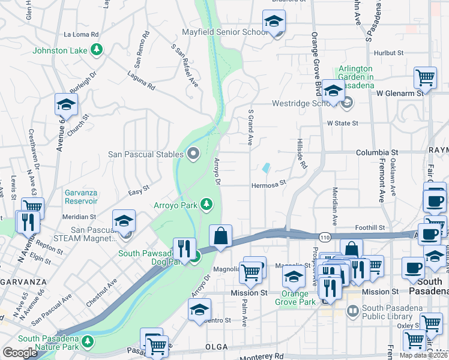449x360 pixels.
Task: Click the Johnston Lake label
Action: pyautogui.click(x=61, y=50)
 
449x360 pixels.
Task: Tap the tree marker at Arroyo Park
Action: pyautogui.click(x=206, y=205)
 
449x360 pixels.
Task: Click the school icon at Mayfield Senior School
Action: pyautogui.click(x=274, y=22)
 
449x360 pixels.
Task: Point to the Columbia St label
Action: pyautogui.click(x=377, y=153)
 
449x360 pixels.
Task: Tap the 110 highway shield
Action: pyautogui.click(x=324, y=238)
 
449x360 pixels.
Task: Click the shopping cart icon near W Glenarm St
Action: pyautogui.click(x=425, y=76)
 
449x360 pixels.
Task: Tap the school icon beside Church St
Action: pyautogui.click(x=66, y=104)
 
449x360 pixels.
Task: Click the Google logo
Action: pyautogui.click(x=20, y=352)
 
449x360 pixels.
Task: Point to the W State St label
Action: pyautogui.click(x=342, y=123)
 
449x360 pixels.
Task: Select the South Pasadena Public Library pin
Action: pyautogui.click(x=353, y=310)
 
